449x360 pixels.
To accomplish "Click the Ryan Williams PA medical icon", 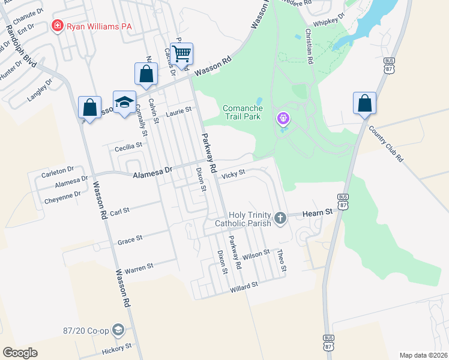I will point(58,26).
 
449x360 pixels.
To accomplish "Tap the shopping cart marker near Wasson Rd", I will point(181,53).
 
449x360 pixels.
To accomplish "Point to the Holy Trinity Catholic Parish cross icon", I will point(280,218).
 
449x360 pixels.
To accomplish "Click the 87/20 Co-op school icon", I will point(119,330).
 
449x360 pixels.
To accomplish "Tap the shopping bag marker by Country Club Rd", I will point(364,103).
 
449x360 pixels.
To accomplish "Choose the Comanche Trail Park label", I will point(242,112).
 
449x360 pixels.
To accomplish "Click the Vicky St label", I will point(234,174).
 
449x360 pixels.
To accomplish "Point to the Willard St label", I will point(244,287).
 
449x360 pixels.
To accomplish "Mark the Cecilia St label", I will point(128,146).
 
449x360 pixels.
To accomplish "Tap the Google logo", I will point(20,352).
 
